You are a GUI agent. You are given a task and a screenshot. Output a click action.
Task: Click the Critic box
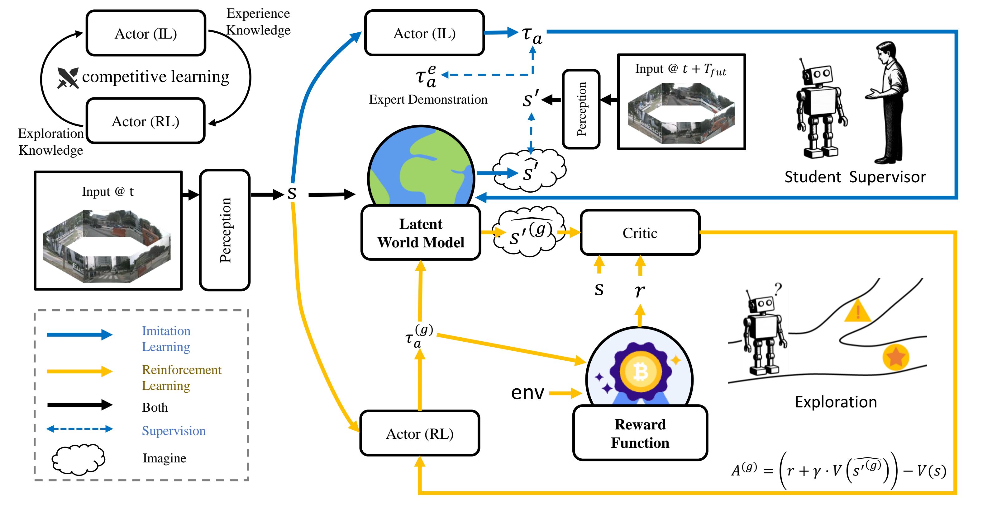tap(640, 233)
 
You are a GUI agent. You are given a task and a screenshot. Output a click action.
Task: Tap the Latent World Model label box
tap(421, 233)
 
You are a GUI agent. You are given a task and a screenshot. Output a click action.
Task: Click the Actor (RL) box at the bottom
tap(420, 433)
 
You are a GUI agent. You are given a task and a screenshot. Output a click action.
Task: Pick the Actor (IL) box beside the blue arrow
tap(424, 33)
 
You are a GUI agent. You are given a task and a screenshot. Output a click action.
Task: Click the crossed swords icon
tap(68, 78)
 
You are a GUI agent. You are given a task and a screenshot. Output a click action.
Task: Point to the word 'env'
tap(527, 393)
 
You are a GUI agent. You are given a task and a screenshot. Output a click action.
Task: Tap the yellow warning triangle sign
tap(858, 311)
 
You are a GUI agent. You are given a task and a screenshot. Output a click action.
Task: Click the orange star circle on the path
tap(895, 357)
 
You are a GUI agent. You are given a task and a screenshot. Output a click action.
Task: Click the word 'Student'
tap(812, 177)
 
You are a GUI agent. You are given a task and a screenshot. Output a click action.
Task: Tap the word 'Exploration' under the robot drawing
tap(836, 402)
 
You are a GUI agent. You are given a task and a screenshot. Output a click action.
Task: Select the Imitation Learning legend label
tap(166, 339)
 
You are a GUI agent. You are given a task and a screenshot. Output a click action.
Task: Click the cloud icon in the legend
tap(78, 459)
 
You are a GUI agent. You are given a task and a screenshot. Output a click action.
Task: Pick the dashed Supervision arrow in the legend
tap(79, 429)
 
